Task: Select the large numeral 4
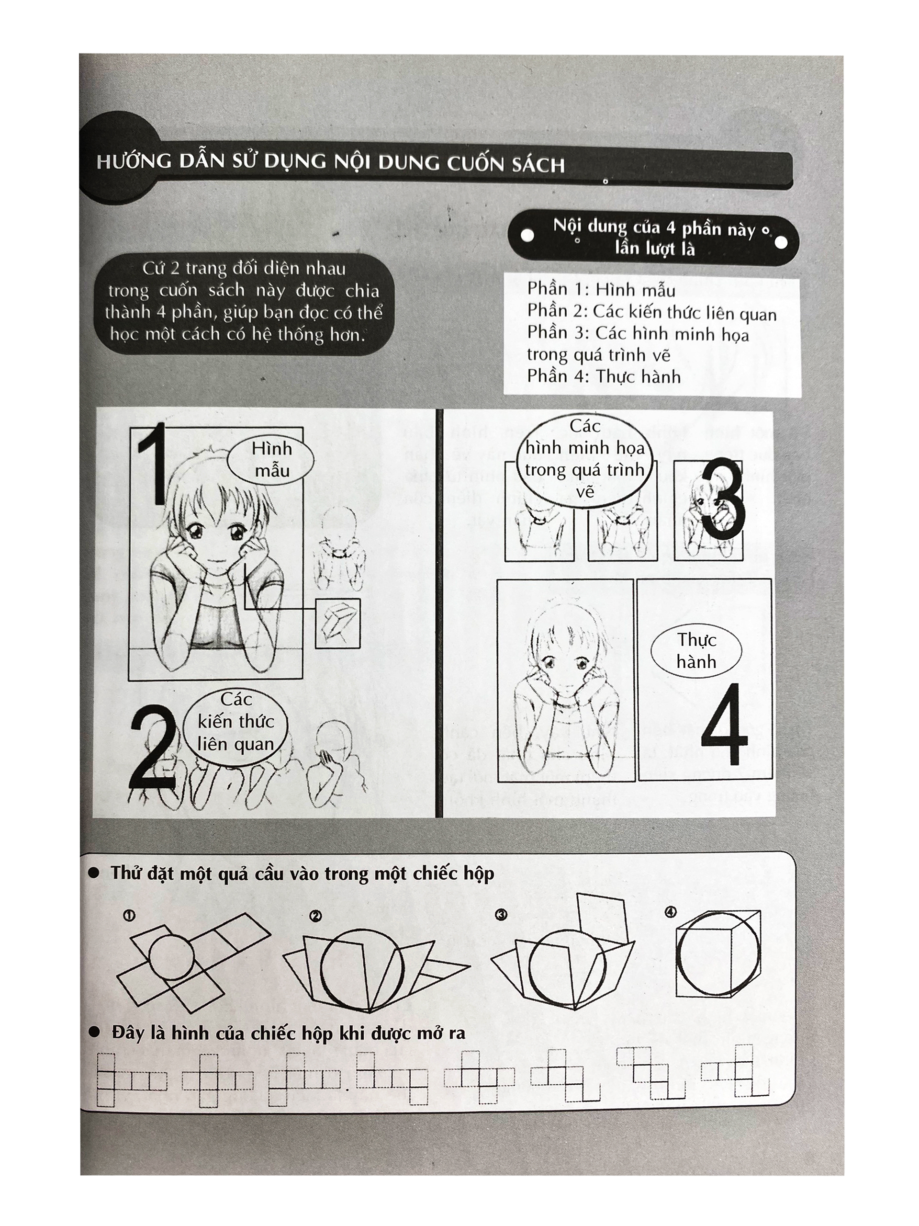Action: [725, 723]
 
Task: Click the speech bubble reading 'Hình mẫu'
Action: [271, 459]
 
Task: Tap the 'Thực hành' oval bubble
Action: [696, 651]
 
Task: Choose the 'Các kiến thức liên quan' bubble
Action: [236, 722]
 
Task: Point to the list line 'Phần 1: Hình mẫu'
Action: [601, 289]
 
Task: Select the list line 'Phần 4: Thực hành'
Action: [603, 376]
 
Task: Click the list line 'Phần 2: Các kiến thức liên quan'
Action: [651, 312]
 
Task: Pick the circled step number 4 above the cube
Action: [670, 912]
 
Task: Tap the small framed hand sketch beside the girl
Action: [338, 624]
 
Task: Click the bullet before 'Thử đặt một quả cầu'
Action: [94, 874]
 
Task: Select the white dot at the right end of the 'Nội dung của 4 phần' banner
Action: [781, 242]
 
